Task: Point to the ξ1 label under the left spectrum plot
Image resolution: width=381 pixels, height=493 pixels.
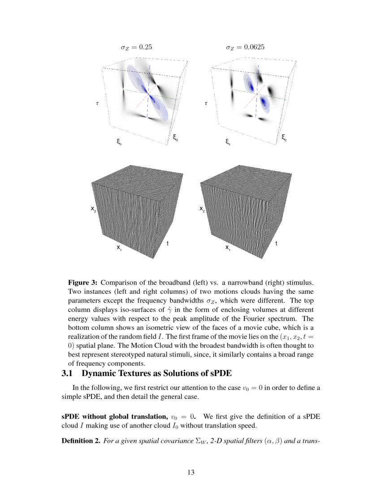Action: click(x=119, y=143)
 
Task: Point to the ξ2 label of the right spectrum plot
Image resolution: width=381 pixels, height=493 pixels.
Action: click(x=284, y=138)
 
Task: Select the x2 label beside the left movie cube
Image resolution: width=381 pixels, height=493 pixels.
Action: click(x=93, y=209)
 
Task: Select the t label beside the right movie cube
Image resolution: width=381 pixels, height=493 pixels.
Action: click(x=276, y=243)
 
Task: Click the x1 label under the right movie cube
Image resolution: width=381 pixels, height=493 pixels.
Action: click(x=228, y=247)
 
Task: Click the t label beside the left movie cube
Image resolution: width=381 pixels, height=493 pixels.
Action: click(x=168, y=243)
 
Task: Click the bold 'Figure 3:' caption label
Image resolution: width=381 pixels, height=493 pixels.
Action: click(x=82, y=283)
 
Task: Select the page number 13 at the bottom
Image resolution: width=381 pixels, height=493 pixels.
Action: click(x=190, y=471)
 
